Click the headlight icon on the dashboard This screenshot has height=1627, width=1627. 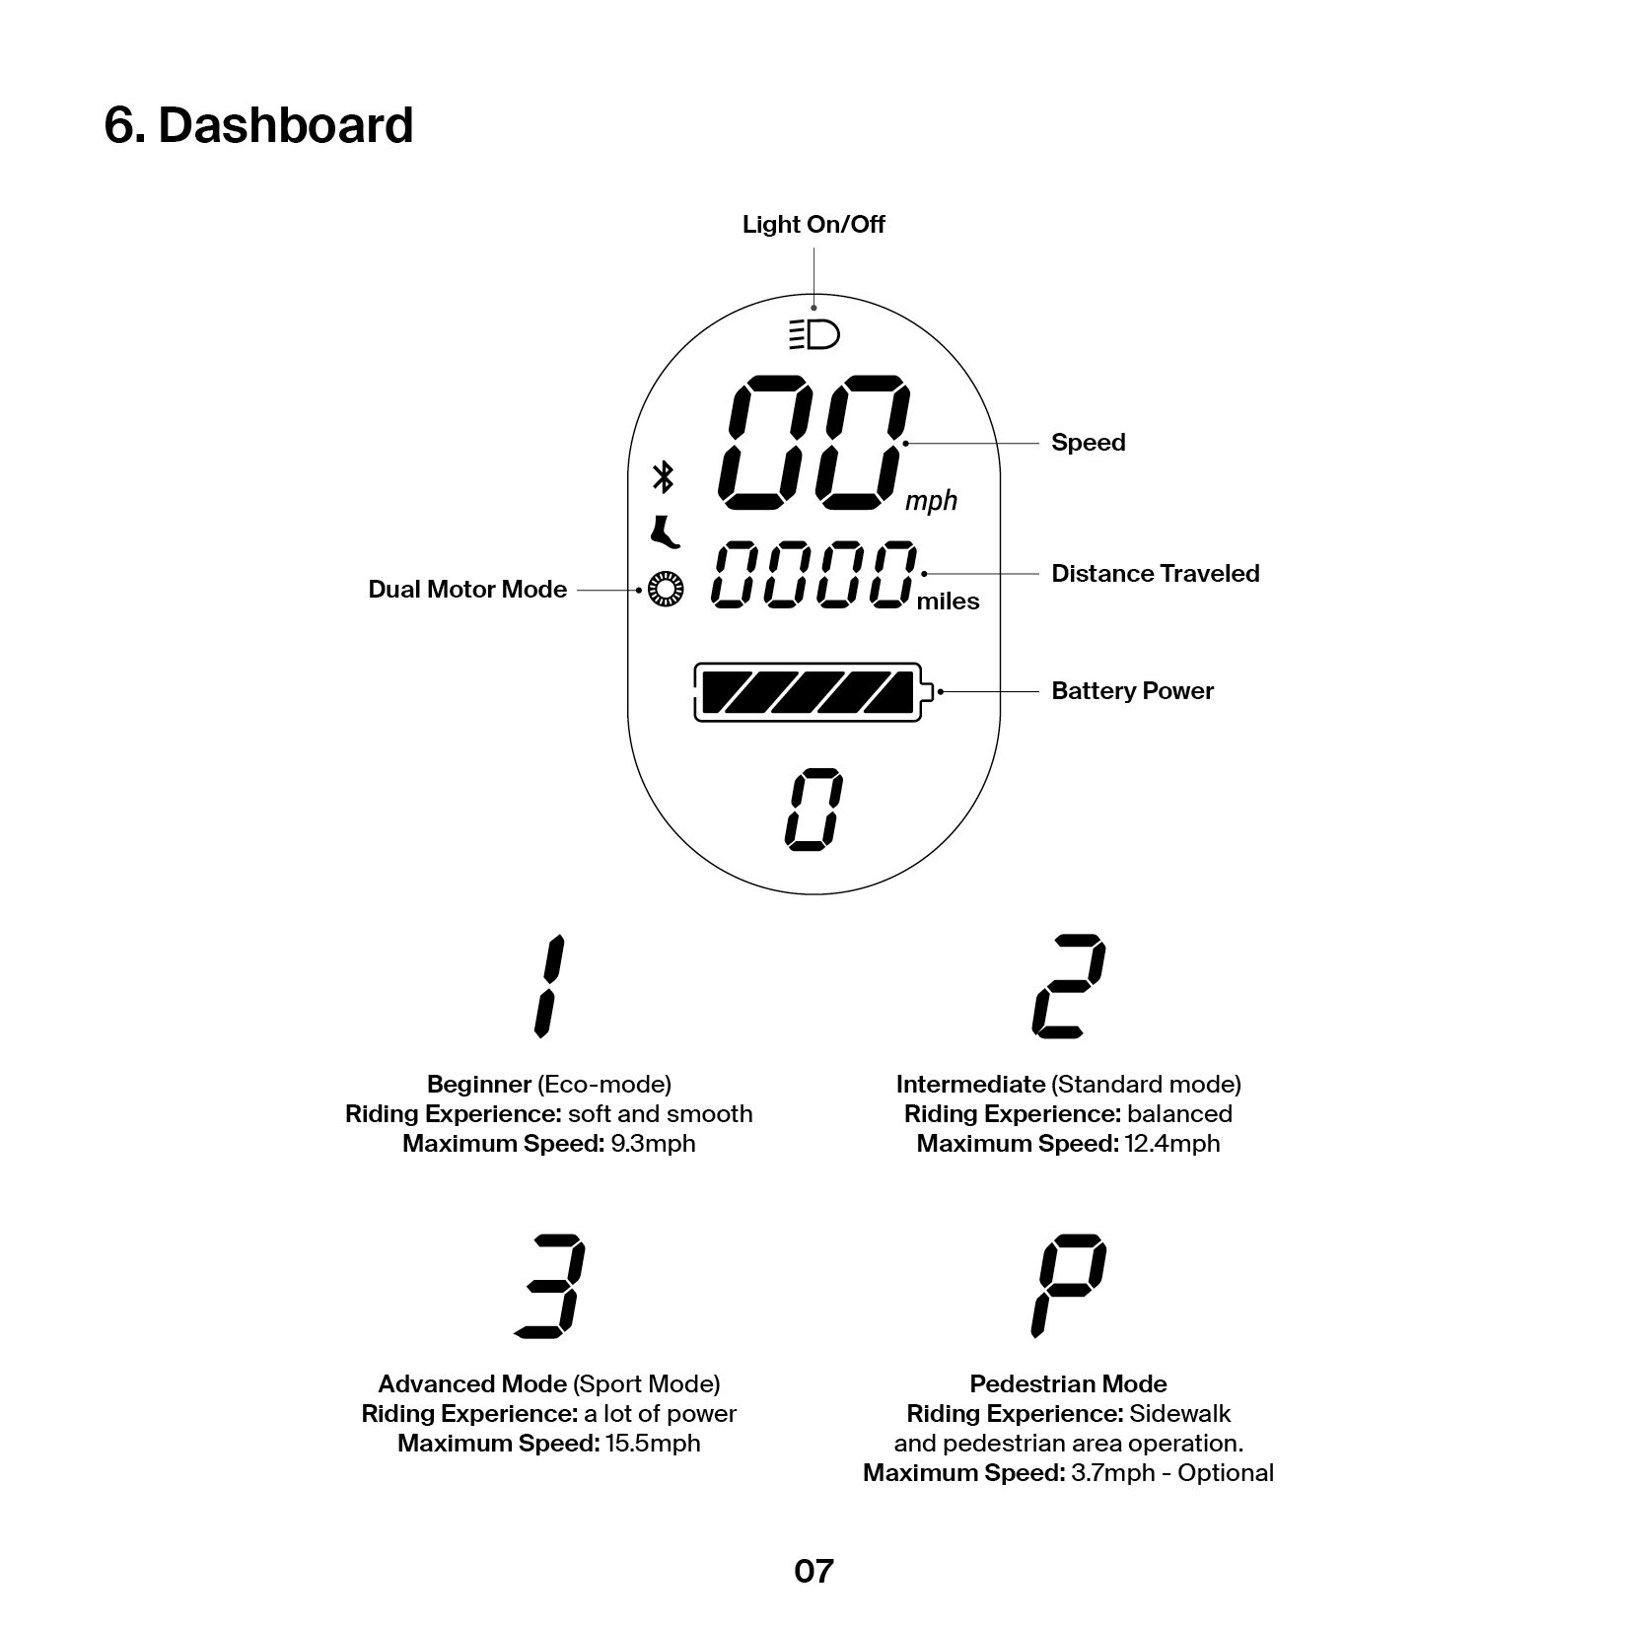tap(813, 335)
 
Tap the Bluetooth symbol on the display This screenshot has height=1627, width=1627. tap(664, 477)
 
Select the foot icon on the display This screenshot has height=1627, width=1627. tap(665, 533)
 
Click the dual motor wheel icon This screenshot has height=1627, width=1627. tap(666, 590)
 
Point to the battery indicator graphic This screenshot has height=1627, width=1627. tap(812, 692)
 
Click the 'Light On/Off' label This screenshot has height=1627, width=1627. tap(813, 225)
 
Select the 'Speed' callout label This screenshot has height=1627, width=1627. tap(1088, 443)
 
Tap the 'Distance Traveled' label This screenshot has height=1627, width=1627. tap(1155, 574)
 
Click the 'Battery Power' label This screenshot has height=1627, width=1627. tap(1132, 691)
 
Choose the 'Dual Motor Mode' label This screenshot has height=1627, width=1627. tap(467, 590)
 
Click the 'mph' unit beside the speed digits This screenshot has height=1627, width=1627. tap(931, 502)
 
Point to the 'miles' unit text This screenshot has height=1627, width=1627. tap(948, 601)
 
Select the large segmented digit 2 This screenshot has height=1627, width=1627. tap(1068, 986)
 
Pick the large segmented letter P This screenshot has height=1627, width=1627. tap(1068, 1286)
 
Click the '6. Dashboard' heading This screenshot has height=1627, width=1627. tap(258, 125)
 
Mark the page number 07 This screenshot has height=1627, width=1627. tap(813, 1571)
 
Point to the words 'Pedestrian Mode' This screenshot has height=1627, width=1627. tap(1068, 1384)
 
